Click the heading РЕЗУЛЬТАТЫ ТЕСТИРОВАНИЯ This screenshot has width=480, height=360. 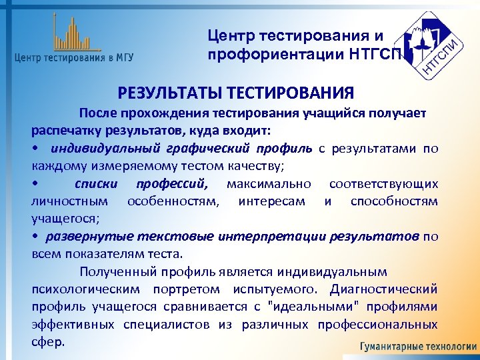pyautogui.click(x=236, y=92)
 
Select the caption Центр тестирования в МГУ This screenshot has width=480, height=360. pyautogui.click(x=73, y=57)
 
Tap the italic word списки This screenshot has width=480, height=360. pyautogui.click(x=96, y=183)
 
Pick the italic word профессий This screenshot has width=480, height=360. pyautogui.click(x=172, y=183)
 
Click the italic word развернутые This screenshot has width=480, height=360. pyautogui.click(x=87, y=236)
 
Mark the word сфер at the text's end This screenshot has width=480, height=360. pyautogui.click(x=48, y=342)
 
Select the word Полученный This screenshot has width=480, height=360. pyautogui.click(x=115, y=271)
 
